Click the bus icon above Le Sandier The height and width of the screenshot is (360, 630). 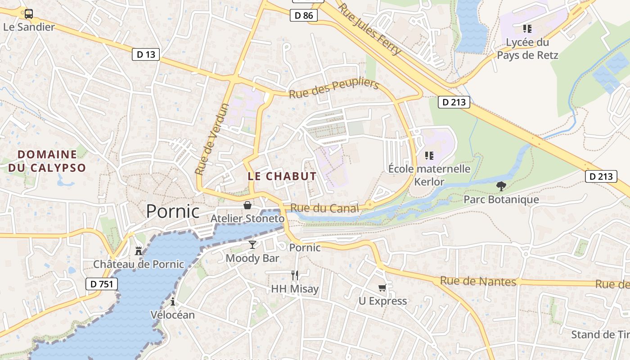coord(29,14)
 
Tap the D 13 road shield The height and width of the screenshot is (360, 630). coord(146,55)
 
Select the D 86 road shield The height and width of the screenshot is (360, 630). coord(303,16)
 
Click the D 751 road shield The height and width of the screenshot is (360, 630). coord(101,284)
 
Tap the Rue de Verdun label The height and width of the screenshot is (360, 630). coord(212,139)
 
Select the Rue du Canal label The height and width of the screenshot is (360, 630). coord(324,208)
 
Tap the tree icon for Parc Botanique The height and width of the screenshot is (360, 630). coord(501,186)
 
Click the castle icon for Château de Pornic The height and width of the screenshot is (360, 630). coord(139,251)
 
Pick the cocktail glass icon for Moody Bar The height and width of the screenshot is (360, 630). coord(252,245)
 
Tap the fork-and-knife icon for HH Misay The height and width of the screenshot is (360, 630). coord(295,275)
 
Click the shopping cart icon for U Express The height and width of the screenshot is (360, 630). coord(382,288)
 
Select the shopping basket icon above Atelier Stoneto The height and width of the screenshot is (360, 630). coord(247,206)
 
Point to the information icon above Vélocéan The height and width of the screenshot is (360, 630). coord(172,301)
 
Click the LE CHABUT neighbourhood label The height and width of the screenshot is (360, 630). coord(282,176)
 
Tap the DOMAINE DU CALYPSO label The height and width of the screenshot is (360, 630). coord(47,161)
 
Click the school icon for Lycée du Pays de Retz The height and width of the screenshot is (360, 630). coord(527,29)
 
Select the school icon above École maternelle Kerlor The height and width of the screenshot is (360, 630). coord(429,156)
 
